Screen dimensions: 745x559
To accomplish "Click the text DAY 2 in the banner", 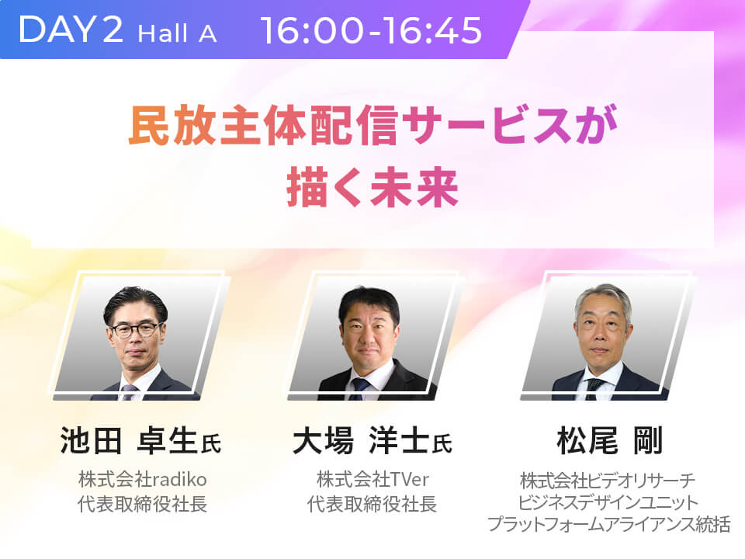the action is tap(71, 30).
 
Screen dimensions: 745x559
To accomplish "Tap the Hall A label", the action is tap(177, 33).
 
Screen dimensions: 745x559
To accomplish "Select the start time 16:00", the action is tap(311, 30).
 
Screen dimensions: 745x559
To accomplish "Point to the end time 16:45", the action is tap(432, 30).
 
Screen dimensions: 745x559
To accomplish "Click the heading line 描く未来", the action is tap(372, 189).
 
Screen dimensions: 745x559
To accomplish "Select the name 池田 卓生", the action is tap(129, 440).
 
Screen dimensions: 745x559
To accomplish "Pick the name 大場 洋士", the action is tap(361, 440).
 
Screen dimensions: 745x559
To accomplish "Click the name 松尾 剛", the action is tap(610, 440).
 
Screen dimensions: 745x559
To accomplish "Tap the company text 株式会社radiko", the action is tap(143, 479).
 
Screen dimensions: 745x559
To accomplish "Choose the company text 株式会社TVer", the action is tap(372, 479).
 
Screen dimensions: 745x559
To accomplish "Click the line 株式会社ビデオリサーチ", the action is tap(608, 481).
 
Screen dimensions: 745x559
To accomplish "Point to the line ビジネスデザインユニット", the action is tap(608, 502).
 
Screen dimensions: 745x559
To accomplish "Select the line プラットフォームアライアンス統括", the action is tap(608, 524).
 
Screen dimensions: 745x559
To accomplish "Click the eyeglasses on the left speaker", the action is tap(135, 329).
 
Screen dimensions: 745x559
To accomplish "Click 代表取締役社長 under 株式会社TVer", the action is tap(372, 504).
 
